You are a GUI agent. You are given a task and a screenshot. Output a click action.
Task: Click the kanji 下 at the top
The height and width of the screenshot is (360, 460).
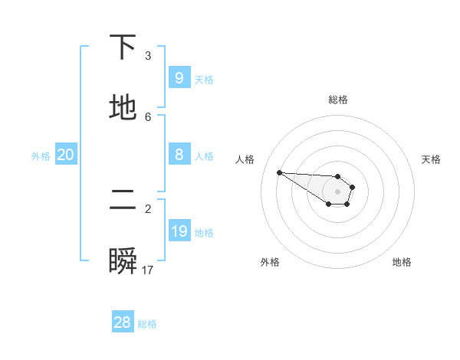tap(123, 48)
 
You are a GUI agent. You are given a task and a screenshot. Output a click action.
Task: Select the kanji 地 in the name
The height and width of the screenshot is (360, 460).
tap(123, 108)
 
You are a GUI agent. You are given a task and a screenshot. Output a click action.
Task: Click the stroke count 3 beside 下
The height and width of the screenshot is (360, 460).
tap(148, 56)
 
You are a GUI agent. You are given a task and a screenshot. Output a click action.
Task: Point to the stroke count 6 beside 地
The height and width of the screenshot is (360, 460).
tap(148, 116)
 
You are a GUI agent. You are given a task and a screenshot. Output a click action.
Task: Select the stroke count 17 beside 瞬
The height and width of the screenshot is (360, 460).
tap(148, 270)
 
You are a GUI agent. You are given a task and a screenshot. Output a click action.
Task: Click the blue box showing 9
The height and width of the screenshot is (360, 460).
tap(179, 78)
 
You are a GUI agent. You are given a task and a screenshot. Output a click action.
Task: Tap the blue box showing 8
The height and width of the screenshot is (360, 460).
tap(179, 155)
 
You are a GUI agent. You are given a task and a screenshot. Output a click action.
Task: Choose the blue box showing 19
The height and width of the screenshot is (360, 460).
tap(179, 231)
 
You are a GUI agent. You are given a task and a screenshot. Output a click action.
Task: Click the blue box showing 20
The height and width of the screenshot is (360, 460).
tap(65, 155)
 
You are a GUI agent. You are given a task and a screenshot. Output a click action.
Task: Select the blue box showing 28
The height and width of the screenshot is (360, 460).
tap(122, 322)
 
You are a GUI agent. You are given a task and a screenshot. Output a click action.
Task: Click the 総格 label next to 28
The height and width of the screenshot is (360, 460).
tap(147, 324)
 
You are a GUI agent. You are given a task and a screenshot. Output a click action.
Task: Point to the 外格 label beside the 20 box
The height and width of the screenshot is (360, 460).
tap(41, 156)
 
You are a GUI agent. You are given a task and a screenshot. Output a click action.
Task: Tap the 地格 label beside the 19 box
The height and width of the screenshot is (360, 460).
tap(204, 233)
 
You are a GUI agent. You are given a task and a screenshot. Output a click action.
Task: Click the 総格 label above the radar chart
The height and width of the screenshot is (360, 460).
tap(338, 100)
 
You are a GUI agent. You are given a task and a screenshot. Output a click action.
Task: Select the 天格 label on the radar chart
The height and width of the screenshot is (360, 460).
tap(431, 159)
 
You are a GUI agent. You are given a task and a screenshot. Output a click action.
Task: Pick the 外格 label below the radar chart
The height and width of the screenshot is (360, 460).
tap(270, 262)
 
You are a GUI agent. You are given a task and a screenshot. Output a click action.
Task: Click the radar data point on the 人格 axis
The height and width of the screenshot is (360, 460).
tap(279, 172)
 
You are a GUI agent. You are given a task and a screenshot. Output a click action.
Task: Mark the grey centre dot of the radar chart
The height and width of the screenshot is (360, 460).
tap(337, 191)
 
